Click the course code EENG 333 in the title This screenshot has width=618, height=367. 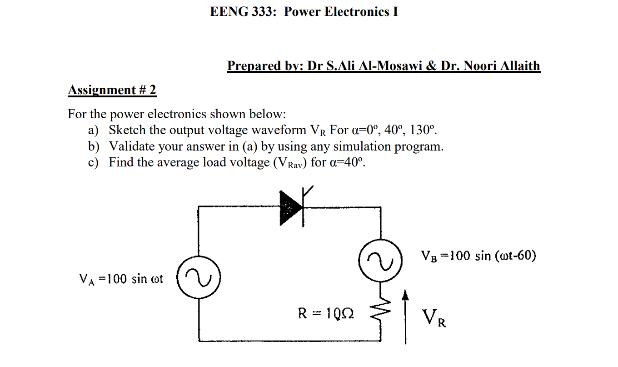[x=243, y=12]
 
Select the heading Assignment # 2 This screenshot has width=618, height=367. [x=112, y=90]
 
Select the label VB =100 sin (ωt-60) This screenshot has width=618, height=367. [x=478, y=256]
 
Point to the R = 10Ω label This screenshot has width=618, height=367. [x=326, y=313]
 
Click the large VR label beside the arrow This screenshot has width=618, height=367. [x=434, y=317]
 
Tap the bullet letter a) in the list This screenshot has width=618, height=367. [x=93, y=131]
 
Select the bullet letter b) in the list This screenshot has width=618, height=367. [x=93, y=146]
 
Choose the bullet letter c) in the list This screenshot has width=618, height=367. [x=93, y=162]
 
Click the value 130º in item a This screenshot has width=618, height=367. [x=423, y=130]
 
